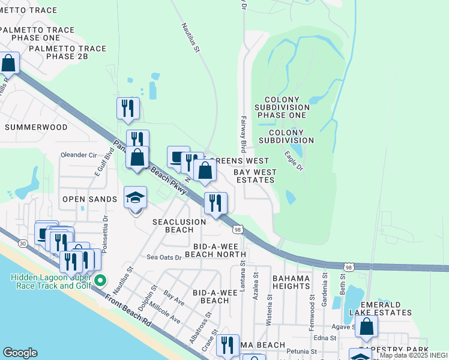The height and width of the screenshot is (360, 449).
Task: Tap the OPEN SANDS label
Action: [x=89, y=199]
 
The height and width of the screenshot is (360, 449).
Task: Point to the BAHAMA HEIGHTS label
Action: [x=291, y=282]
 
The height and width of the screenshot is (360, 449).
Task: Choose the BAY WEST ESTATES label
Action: [x=255, y=176]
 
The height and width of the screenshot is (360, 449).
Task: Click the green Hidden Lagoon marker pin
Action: [x=101, y=279]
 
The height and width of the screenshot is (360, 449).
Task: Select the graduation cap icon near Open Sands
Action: [x=136, y=197]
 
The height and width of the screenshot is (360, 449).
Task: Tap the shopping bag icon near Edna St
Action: [x=366, y=328]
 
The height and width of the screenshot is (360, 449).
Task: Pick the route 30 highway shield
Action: [x=23, y=243]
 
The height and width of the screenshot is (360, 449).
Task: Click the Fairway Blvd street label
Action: [x=244, y=133]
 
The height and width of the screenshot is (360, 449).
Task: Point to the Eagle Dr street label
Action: [x=293, y=161]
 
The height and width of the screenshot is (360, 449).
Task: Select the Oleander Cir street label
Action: [x=79, y=155]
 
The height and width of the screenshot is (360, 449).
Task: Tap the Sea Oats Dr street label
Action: [x=164, y=257]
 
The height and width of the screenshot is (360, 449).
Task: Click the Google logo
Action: [x=20, y=353]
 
